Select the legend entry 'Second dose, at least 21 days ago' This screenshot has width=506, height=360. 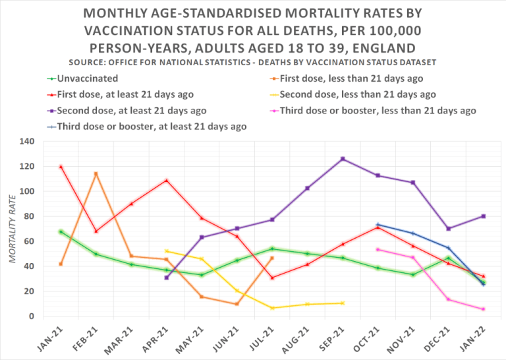131,110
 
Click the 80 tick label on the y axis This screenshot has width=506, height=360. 28,216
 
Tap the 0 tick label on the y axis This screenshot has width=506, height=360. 31,316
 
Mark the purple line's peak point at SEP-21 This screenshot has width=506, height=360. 343,159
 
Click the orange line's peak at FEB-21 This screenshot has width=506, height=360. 96,174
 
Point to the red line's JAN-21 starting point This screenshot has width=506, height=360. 61,167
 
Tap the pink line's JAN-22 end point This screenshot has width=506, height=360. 483,309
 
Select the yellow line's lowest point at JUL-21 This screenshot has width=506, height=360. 272,308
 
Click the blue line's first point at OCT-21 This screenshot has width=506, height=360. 378,225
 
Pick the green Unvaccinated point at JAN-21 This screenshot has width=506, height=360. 61,231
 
